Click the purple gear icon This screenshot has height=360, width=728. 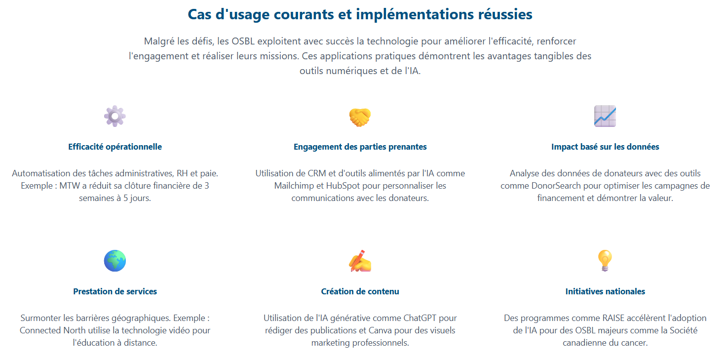[115, 116]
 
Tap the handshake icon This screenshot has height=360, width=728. [360, 117]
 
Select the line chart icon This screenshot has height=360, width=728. [605, 116]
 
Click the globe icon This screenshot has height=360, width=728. [115, 261]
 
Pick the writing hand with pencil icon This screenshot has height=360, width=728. [360, 261]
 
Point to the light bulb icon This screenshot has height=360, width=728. [605, 260]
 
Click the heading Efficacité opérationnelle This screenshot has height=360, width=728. [115, 147]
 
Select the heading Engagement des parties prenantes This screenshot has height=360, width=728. [360, 147]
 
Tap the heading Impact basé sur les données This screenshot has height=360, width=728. [605, 147]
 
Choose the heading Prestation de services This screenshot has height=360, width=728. [115, 291]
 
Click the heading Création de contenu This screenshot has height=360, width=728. [360, 291]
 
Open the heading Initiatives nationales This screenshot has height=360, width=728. [605, 291]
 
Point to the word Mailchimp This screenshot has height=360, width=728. [294, 186]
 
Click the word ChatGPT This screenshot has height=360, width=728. [420, 318]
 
